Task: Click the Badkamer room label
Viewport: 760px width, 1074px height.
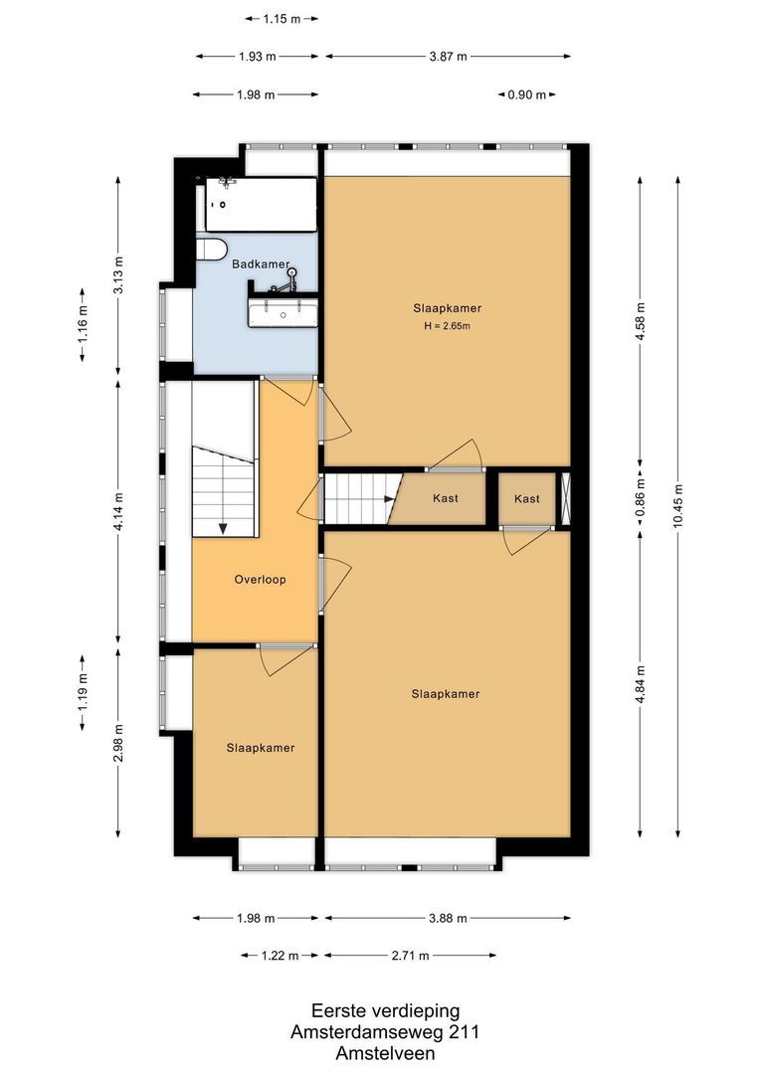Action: tap(261, 265)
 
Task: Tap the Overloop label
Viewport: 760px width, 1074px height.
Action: tap(261, 579)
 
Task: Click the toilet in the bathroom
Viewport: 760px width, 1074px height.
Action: tap(211, 248)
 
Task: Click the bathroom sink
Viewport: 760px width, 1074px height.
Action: tap(284, 312)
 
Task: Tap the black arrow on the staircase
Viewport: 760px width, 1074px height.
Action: tap(223, 527)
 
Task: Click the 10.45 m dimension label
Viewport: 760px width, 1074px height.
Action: tap(678, 506)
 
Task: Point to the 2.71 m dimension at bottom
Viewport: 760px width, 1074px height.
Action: tap(409, 956)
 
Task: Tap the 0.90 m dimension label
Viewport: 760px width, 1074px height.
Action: tap(526, 95)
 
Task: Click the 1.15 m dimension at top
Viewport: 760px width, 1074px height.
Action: tap(283, 18)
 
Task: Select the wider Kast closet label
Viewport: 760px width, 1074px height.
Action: tap(446, 498)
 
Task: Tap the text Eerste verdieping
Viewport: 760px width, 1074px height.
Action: tap(385, 1010)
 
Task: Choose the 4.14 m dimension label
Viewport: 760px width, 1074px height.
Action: tap(118, 511)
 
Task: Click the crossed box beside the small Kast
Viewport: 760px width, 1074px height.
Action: tap(567, 498)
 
